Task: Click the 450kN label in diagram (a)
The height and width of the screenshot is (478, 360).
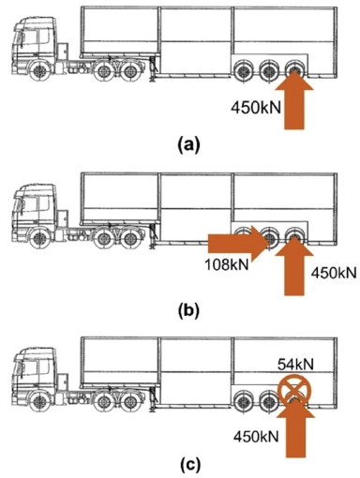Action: click(254, 108)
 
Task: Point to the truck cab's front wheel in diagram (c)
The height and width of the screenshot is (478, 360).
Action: click(38, 400)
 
